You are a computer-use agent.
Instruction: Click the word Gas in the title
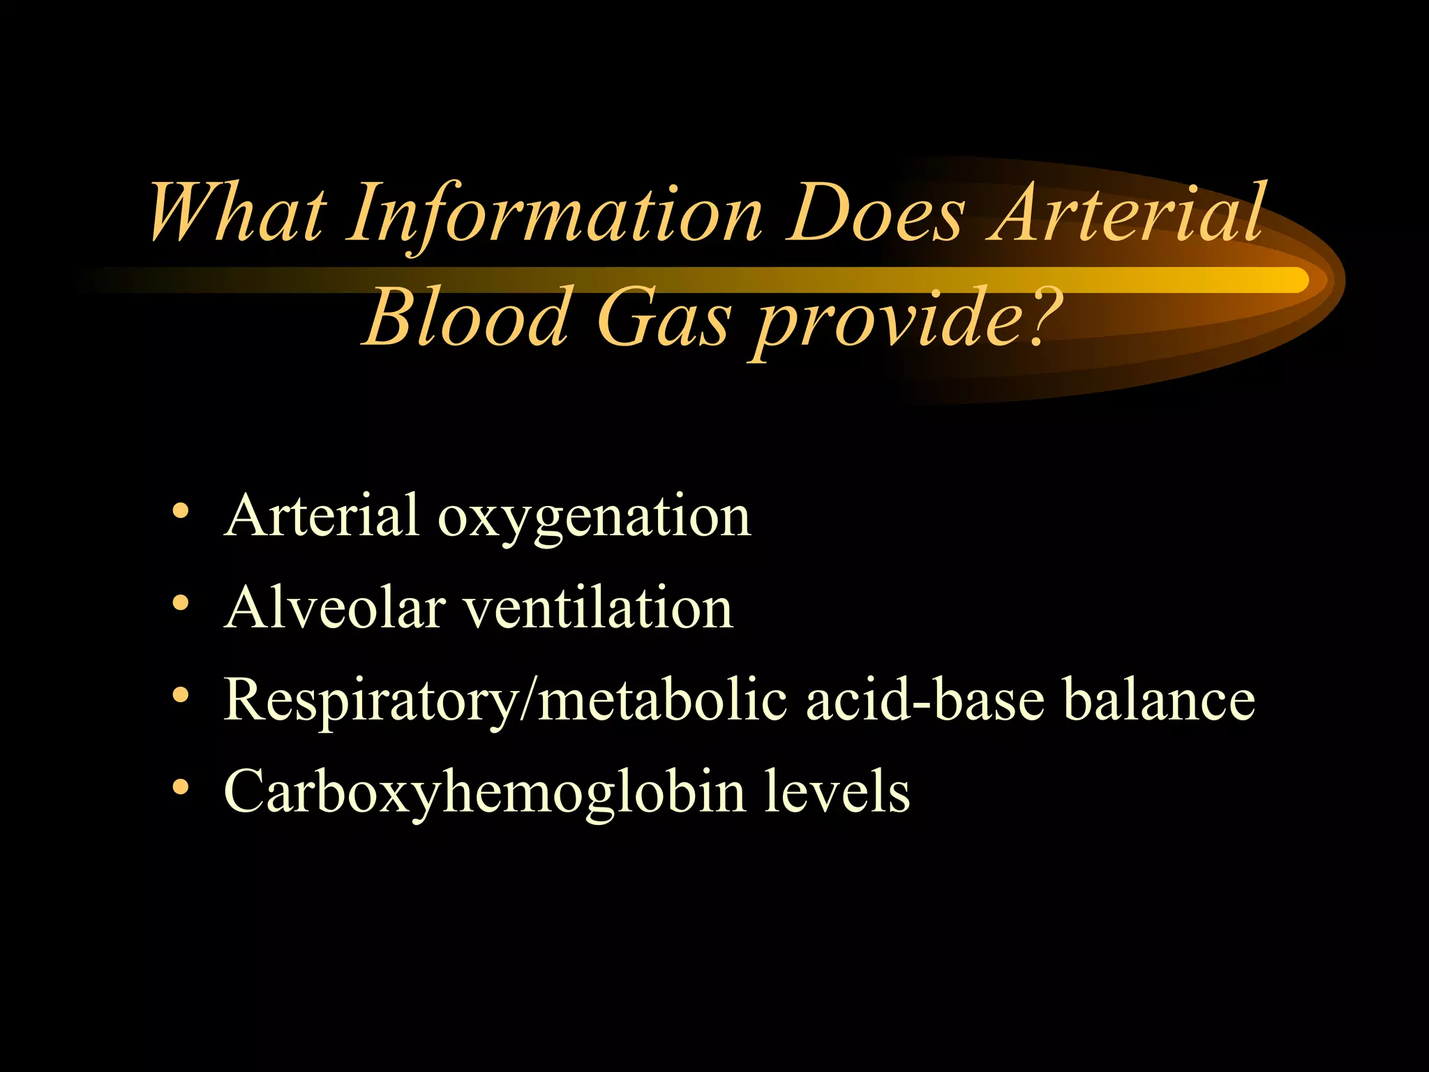tap(663, 318)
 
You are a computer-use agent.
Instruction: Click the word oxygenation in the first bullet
tap(594, 517)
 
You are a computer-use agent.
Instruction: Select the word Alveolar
tap(335, 607)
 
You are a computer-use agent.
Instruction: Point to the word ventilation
tap(599, 607)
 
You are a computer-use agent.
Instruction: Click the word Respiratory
tap(370, 701)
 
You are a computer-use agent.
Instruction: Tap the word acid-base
tap(925, 699)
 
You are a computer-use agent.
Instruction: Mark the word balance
tap(1158, 699)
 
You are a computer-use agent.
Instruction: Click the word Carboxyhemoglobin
tap(484, 793)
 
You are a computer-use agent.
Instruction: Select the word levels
tap(837, 791)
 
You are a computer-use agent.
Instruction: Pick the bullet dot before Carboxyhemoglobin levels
tap(180, 787)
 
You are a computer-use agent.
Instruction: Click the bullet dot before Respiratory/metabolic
tap(180, 694)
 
